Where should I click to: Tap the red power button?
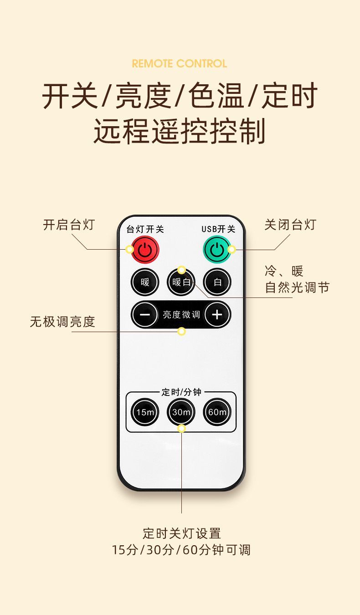tap(145, 250)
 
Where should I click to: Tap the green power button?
tap(217, 250)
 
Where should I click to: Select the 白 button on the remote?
tap(217, 282)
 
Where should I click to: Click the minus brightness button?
tap(145, 314)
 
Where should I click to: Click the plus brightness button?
tap(217, 314)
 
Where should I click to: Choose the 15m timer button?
tap(145, 412)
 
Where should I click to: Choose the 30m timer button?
tap(181, 412)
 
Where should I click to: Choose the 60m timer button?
tap(217, 412)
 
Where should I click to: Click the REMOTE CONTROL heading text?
tap(180, 64)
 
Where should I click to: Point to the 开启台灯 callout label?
tap(69, 225)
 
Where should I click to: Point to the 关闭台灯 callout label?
tap(290, 225)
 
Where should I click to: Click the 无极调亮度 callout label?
tap(62, 322)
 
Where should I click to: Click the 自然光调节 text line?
tap(297, 287)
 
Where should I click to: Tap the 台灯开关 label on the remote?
tap(145, 229)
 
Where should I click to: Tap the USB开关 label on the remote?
tap(219, 229)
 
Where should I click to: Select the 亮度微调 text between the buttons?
tap(181, 314)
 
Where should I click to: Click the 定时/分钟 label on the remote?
tap(181, 392)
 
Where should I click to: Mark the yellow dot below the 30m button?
tap(181, 428)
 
